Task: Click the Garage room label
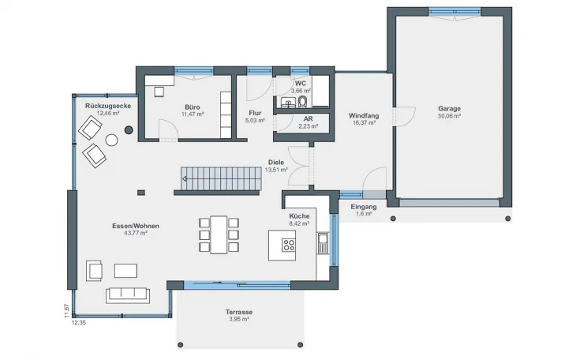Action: click(x=449, y=108)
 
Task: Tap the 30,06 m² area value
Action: click(x=449, y=116)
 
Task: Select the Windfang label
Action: click(x=364, y=115)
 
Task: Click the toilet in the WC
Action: click(x=303, y=101)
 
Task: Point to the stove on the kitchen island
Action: click(x=289, y=245)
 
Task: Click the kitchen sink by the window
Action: click(x=323, y=243)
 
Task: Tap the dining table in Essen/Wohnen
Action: click(x=219, y=234)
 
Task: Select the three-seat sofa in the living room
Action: click(x=128, y=295)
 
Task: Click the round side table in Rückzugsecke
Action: click(x=111, y=140)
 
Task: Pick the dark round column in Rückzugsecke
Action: click(x=128, y=129)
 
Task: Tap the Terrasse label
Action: click(x=239, y=312)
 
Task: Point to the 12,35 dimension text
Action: click(x=78, y=323)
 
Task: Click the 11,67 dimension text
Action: click(x=66, y=311)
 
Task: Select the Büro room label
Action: click(x=192, y=107)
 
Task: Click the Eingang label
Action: click(x=364, y=207)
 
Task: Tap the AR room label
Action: click(x=308, y=119)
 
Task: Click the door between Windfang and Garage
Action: click(x=404, y=117)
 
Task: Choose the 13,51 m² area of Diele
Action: click(x=276, y=170)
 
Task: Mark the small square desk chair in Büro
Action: click(x=159, y=92)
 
